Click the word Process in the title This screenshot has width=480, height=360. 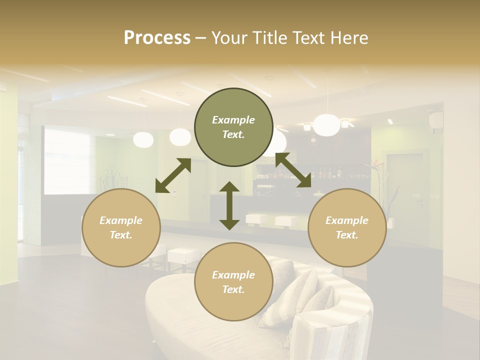pyautogui.click(x=157, y=38)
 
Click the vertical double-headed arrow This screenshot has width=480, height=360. pyautogui.click(x=229, y=205)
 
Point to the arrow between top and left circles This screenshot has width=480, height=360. pyautogui.click(x=173, y=175)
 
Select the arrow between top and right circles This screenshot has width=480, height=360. pyautogui.click(x=293, y=170)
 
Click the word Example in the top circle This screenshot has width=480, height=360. pyautogui.click(x=233, y=120)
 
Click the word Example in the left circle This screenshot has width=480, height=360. pyautogui.click(x=121, y=220)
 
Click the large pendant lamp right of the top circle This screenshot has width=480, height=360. pyautogui.click(x=326, y=125)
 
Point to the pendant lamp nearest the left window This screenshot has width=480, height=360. pyautogui.click(x=143, y=139)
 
